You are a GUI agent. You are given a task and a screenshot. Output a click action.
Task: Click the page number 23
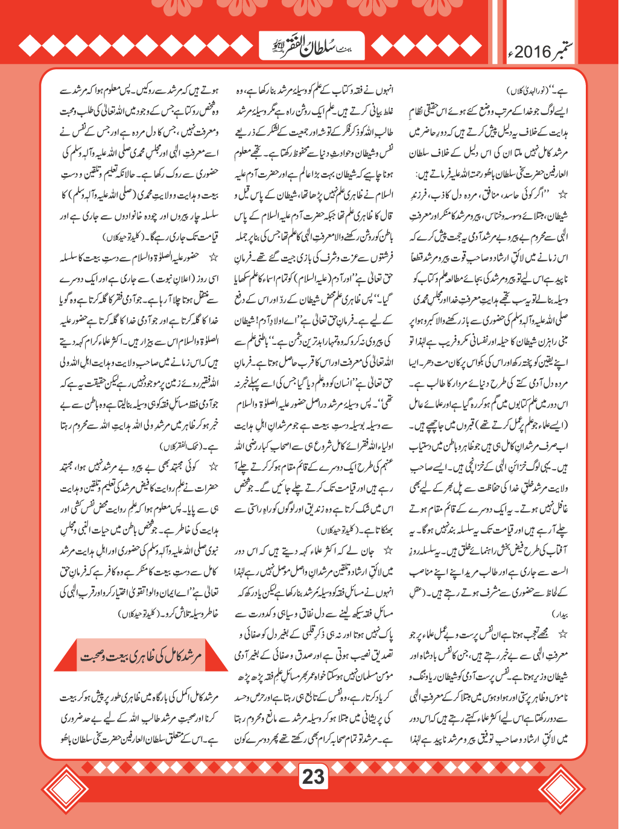click(313, 777)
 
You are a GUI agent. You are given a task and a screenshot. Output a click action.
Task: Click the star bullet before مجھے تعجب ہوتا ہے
click(563, 634)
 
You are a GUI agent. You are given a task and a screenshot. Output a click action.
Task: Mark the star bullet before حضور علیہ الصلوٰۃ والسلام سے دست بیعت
click(212, 258)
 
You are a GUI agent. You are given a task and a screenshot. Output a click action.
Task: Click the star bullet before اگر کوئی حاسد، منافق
click(563, 195)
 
